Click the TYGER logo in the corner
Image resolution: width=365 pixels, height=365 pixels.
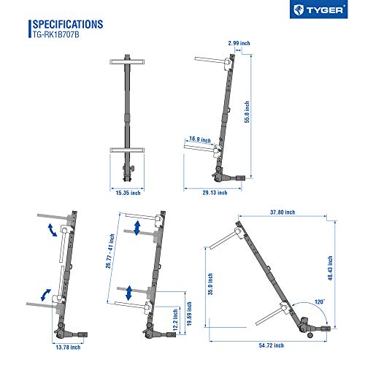pos(318,9)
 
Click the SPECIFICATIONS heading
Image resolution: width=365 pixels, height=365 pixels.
pos(68,24)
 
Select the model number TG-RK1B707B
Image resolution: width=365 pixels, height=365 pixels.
pos(55,34)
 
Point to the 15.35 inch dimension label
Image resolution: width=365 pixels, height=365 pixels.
pos(128,193)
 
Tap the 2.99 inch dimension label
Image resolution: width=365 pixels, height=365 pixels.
pos(239,43)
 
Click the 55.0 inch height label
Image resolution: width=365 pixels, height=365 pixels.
pos(247,112)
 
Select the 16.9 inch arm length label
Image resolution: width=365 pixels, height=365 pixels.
pos(200,139)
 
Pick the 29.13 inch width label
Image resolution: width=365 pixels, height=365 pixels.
pos(215,193)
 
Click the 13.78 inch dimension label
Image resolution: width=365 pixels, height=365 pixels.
pos(68,347)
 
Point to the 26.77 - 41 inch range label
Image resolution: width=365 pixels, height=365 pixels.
pos(110,251)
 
